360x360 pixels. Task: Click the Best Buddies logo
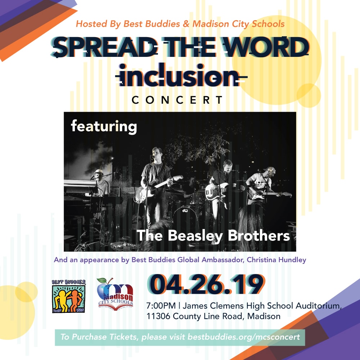(69, 296)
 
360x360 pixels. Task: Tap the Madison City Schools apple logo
(115, 294)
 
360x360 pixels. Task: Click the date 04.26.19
(206, 284)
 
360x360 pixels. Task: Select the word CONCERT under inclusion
(177, 100)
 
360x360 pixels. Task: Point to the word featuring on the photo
(104, 126)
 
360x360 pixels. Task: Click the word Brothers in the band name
(259, 235)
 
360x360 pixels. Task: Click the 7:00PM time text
(161, 306)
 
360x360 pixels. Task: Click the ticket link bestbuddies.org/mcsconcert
(244, 337)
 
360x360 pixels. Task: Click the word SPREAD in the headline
(104, 47)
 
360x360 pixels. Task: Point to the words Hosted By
(98, 24)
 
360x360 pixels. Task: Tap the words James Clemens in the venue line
(213, 306)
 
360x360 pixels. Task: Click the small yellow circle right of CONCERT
(309, 95)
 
